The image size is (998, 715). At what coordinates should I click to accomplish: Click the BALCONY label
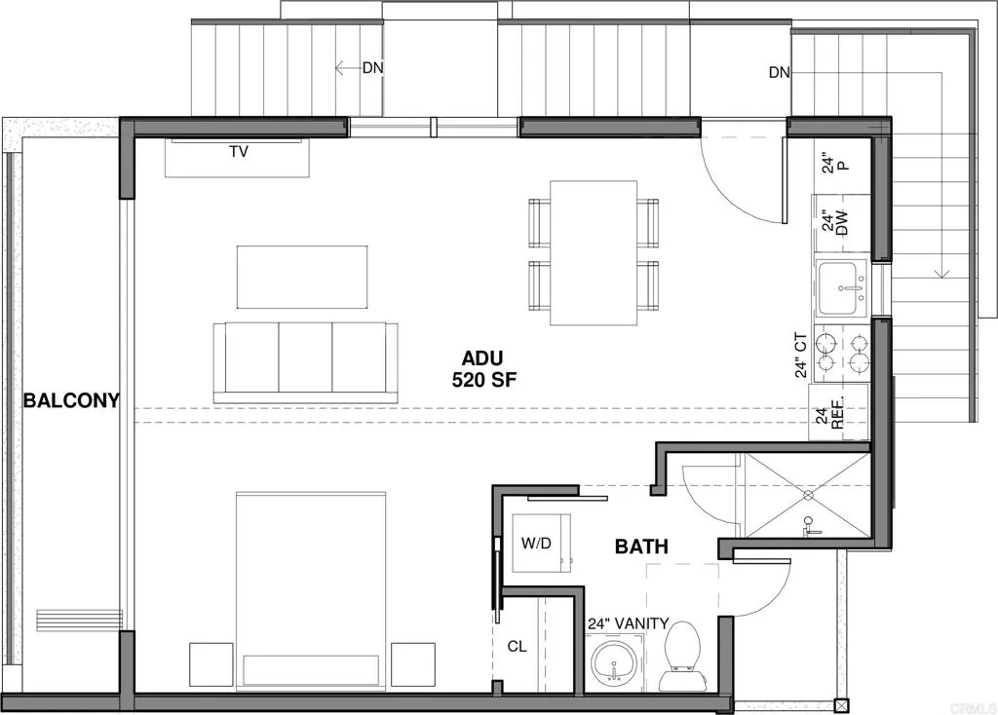[x=72, y=399]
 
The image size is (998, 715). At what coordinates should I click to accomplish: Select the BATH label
[x=641, y=546]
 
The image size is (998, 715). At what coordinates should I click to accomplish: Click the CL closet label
[x=517, y=645]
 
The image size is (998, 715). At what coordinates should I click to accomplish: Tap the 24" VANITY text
[x=628, y=623]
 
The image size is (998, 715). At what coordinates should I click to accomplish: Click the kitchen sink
[x=842, y=289]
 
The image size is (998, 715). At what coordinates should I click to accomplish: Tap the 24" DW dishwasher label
[x=829, y=223]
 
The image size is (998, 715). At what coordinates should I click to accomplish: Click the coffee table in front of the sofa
[x=302, y=278]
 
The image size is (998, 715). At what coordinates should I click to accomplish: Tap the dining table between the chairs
[x=594, y=252]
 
